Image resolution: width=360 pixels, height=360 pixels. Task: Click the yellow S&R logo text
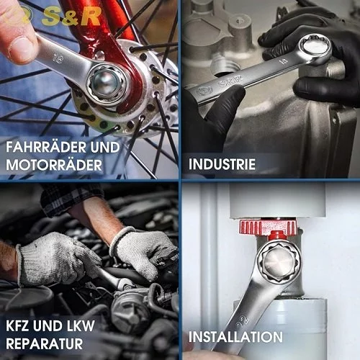(71, 17)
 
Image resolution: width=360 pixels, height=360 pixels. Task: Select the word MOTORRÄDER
(54, 165)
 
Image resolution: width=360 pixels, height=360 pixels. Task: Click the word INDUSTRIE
(222, 164)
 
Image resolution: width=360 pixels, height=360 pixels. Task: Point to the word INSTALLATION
(235, 337)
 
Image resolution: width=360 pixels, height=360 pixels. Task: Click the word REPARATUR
(45, 343)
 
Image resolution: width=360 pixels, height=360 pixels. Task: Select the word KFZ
(18, 325)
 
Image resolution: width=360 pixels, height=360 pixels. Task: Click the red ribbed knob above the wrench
(268, 227)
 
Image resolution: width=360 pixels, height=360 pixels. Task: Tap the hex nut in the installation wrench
(279, 262)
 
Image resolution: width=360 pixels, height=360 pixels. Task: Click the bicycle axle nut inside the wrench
(106, 83)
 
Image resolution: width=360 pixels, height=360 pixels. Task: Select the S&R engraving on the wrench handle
(230, 82)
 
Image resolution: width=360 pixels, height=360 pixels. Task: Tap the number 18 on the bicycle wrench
(58, 59)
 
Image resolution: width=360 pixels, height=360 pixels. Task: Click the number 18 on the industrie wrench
(284, 61)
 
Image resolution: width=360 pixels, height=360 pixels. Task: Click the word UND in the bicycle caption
(105, 147)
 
